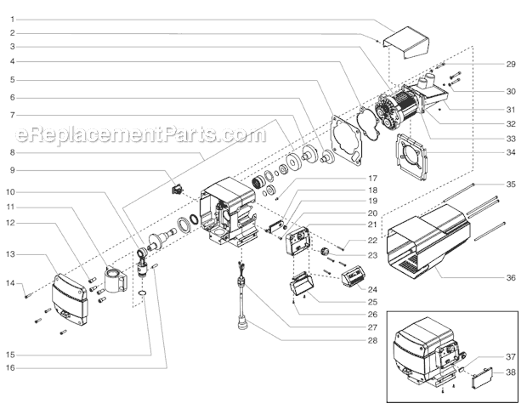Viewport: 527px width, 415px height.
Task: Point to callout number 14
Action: (13, 283)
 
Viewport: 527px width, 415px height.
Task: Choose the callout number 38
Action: (511, 372)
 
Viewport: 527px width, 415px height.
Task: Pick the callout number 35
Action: (511, 185)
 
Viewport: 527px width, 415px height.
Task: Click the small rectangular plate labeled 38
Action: (481, 375)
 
